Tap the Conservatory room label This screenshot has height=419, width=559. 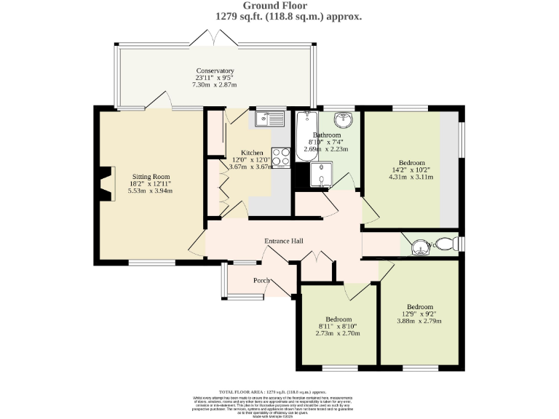coord(215,71)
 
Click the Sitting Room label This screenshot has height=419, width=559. coord(151,176)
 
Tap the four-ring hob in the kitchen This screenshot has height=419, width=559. coord(281,157)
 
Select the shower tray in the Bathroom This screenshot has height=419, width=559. coord(320,175)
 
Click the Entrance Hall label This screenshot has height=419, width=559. coord(283,242)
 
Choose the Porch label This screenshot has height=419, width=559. coord(261,280)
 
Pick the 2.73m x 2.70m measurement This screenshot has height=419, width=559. coord(338,334)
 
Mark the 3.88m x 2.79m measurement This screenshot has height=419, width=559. coord(419,321)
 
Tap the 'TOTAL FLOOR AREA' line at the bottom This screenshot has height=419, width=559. coord(279,391)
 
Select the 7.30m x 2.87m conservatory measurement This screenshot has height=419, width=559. coord(215,85)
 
